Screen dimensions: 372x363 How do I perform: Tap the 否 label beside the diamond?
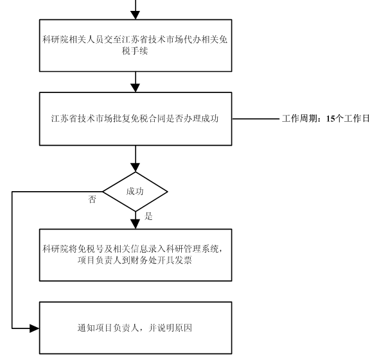coord(92,199)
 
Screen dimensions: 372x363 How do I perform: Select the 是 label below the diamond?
coord(148,216)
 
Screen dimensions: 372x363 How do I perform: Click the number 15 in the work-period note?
coord(330,119)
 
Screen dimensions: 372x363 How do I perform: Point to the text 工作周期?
coord(299,119)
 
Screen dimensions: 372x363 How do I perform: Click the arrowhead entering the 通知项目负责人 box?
coord(35,328)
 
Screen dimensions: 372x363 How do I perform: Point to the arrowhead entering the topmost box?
coord(136,15)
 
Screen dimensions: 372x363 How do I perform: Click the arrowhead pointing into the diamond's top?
coord(136,167)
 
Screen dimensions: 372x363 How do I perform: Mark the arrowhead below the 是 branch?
coord(136,224)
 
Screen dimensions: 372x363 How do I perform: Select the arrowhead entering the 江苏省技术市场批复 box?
coord(136,88)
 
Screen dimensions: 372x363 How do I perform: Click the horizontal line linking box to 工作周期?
coord(256,119)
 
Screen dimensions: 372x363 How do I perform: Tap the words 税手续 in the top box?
coord(135,51)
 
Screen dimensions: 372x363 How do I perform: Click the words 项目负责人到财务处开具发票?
coord(135,260)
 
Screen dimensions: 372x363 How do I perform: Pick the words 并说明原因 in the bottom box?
coord(170,328)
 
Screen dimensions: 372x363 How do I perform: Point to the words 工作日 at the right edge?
coord(357,119)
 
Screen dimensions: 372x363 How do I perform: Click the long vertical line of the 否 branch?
coord(12,260)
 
